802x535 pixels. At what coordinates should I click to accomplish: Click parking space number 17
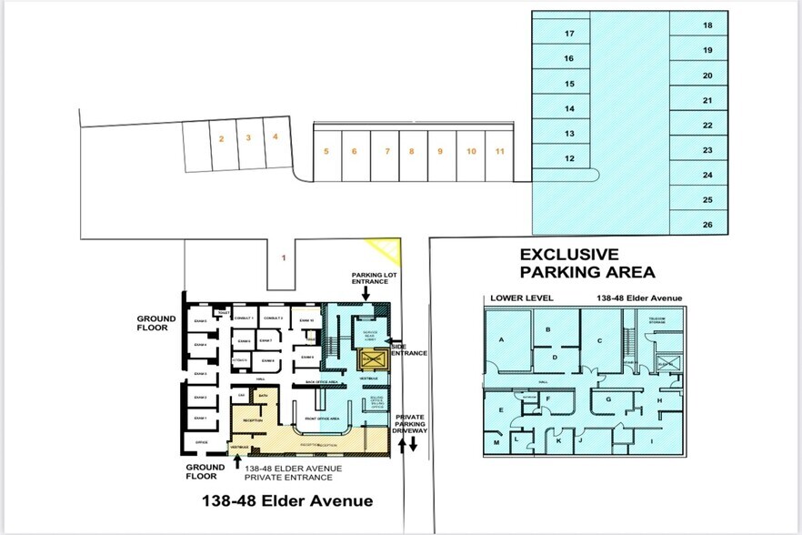569,34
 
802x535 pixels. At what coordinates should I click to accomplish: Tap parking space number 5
326,151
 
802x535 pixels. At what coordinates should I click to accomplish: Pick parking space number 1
284,258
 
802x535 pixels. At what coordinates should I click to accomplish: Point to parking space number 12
569,158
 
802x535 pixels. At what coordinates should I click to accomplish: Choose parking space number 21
707,101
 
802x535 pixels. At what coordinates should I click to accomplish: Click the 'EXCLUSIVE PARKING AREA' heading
586,263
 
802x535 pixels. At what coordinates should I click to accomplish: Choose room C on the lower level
599,340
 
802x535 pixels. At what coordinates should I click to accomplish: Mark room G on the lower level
609,399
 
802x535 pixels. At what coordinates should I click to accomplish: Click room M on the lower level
496,443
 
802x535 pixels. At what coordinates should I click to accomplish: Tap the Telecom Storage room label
658,319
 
